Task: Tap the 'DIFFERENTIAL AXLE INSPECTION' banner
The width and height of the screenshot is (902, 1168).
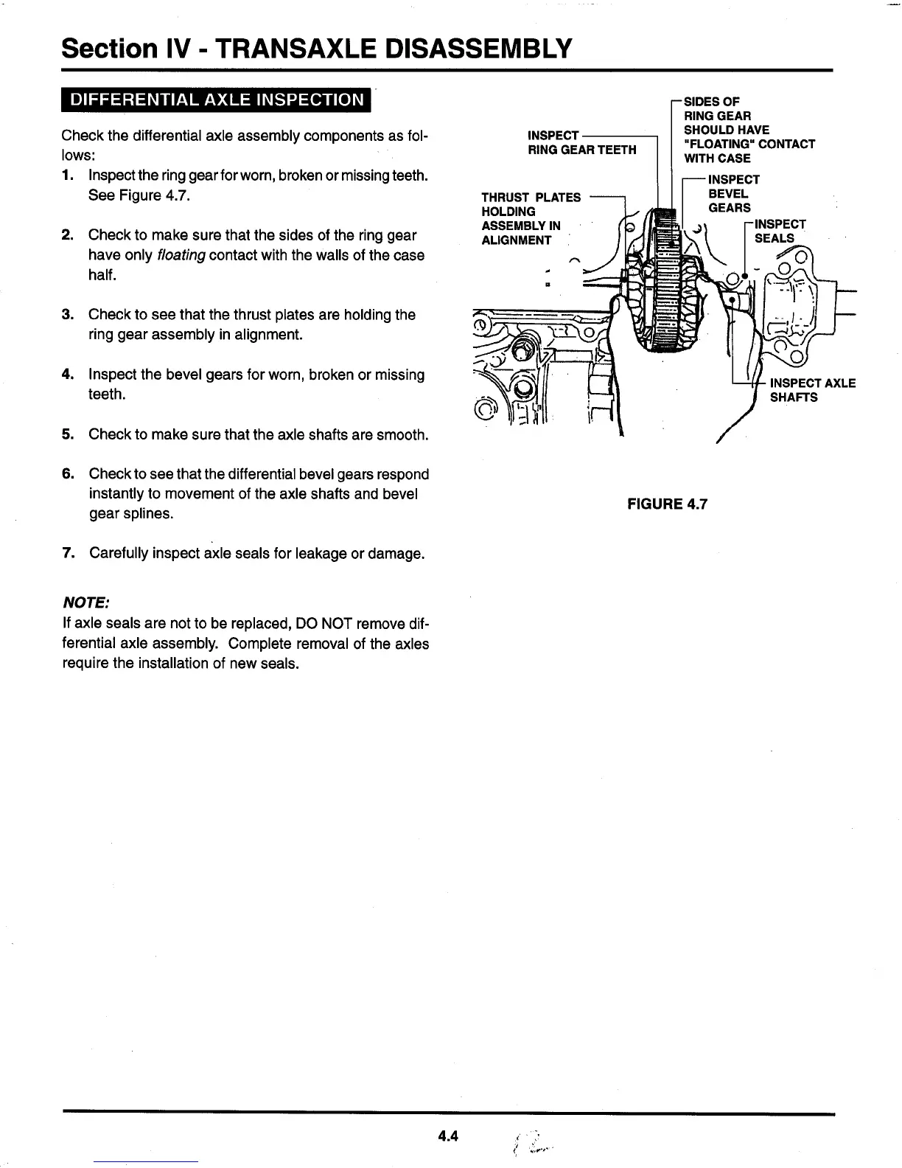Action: point(216,100)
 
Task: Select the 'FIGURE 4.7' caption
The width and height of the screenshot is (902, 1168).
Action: point(667,504)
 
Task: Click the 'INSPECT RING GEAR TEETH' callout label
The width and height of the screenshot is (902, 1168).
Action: point(582,142)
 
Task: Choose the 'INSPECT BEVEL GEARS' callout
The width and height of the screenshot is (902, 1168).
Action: point(733,194)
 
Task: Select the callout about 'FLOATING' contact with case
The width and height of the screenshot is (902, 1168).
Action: point(748,130)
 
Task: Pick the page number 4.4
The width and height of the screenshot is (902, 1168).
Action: point(447,1136)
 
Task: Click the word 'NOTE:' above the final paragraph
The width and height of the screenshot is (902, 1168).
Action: point(86,603)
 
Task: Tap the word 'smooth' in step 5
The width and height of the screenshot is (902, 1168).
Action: point(400,434)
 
